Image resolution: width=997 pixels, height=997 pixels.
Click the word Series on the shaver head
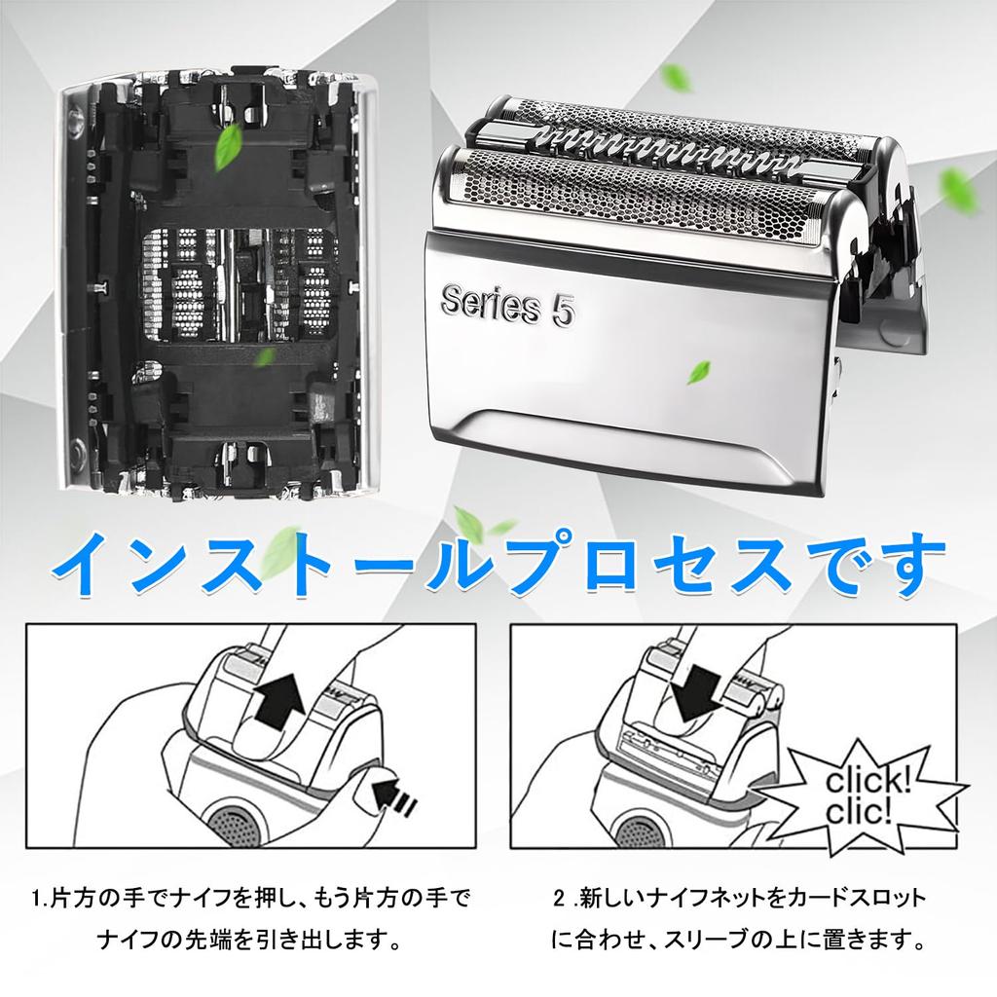click(x=490, y=304)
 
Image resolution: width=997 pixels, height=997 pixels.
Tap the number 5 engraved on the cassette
click(x=563, y=312)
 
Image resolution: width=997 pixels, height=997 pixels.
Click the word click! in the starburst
click(x=868, y=781)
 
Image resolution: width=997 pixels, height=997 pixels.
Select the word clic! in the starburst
click(x=859, y=811)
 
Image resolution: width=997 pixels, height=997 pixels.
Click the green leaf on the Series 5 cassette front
click(x=698, y=372)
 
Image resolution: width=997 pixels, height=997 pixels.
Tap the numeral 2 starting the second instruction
click(x=559, y=899)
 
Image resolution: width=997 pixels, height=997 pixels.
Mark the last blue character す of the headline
click(x=913, y=566)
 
